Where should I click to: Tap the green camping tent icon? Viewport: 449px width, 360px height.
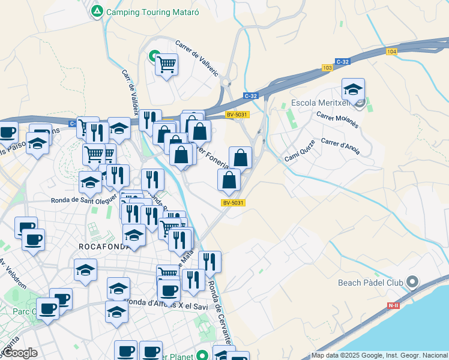pos(97,11)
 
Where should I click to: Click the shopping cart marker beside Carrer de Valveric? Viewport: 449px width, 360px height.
pos(166,64)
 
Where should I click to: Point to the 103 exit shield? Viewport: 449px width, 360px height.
pos(327,68)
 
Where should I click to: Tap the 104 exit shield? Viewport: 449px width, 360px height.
pos(392,52)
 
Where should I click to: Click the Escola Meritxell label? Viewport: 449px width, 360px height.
pos(321,103)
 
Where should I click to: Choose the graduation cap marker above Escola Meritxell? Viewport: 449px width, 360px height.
pos(353,89)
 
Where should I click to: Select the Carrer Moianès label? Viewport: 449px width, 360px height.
pos(337,121)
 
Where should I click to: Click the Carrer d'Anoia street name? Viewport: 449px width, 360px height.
pos(340,146)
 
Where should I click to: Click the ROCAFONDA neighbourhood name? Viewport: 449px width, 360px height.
pos(104,247)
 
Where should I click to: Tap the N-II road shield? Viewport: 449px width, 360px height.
pos(393,305)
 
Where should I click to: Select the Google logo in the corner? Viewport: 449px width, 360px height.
pos(19,353)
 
